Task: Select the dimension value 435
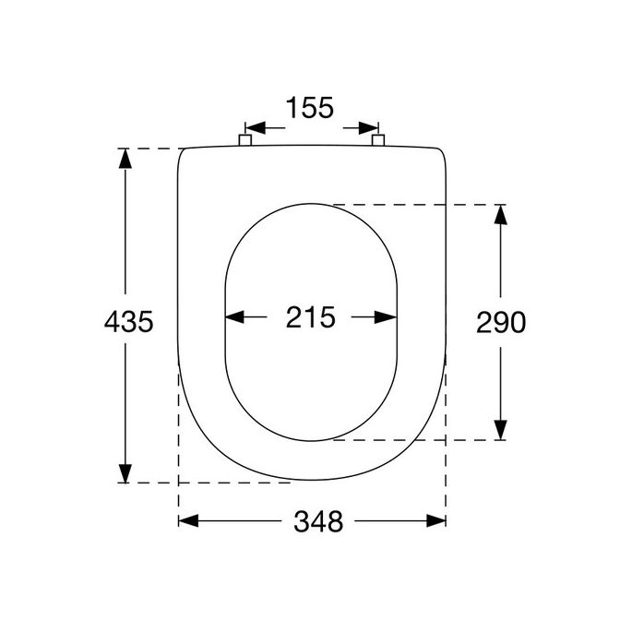tap(127, 321)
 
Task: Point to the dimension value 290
tap(500, 321)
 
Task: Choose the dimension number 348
tap(318, 521)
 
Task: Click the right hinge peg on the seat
tap(378, 139)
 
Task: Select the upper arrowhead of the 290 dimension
tap(499, 215)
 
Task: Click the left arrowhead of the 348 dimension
tap(188, 521)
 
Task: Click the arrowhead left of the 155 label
tap(251, 127)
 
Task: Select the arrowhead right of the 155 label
tap(371, 127)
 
